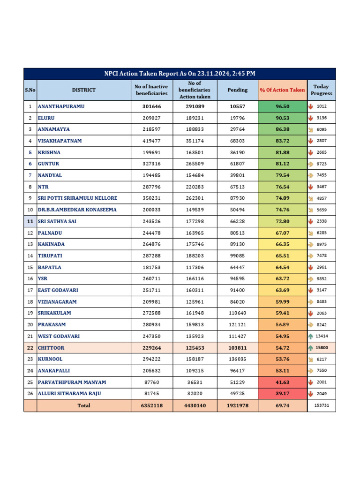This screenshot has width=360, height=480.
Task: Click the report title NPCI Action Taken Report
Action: click(180, 74)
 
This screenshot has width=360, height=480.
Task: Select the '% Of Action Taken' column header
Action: click(282, 90)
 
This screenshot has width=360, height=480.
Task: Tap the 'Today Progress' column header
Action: click(321, 90)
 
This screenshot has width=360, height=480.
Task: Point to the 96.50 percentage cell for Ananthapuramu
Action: click(282, 106)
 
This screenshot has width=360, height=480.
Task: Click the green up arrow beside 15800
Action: click(311, 348)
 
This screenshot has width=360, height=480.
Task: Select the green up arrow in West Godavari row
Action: click(311, 336)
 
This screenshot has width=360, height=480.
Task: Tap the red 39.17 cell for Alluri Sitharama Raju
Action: click(282, 394)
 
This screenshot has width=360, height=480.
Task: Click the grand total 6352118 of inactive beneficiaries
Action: click(151, 405)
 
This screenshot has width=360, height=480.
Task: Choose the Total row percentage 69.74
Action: click(282, 405)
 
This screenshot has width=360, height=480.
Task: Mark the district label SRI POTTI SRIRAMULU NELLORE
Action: click(77, 198)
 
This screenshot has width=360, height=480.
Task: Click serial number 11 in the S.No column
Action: click(30, 221)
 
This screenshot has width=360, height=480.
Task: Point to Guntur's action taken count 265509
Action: click(195, 164)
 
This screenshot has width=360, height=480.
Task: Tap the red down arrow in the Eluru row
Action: click(311, 118)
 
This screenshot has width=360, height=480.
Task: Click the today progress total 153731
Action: click(322, 405)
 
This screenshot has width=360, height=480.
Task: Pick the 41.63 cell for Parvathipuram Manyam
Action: click(282, 382)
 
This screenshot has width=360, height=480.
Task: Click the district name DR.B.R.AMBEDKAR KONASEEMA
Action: click(77, 210)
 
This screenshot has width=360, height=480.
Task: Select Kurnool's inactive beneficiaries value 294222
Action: click(151, 359)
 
